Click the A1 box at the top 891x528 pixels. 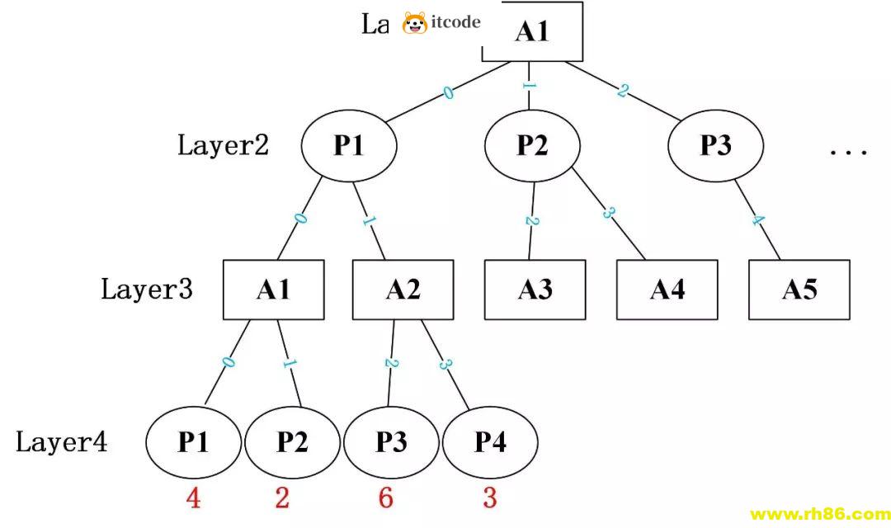[532, 32]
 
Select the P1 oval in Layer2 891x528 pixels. [349, 146]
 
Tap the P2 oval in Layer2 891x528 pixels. [532, 146]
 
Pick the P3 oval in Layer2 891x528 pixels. [715, 146]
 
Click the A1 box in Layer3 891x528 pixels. [273, 290]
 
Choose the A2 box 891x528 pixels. [403, 290]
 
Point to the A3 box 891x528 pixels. [535, 290]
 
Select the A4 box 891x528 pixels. [667, 290]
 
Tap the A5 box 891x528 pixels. [799, 290]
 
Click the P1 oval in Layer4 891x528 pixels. [193, 443]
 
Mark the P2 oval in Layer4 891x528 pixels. [292, 443]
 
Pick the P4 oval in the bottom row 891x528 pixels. [490, 443]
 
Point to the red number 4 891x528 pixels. [193, 499]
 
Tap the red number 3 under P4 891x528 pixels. [490, 499]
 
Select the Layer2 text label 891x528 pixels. [223, 146]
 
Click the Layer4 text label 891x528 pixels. [62, 443]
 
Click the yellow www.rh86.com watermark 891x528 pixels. [818, 514]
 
